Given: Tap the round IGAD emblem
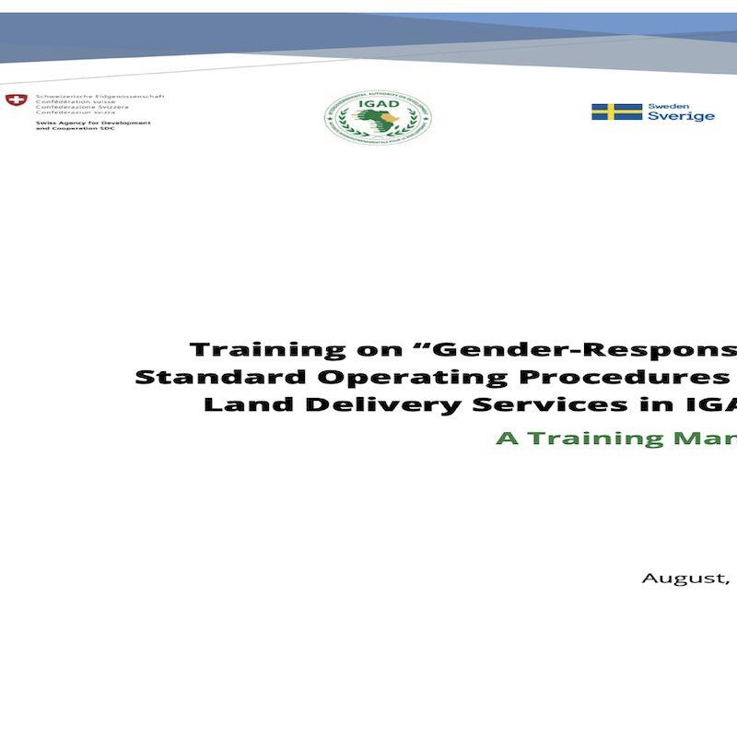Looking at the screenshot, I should (x=379, y=117).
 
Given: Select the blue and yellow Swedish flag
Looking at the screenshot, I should (x=616, y=111).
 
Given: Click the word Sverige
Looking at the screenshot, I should (x=681, y=117).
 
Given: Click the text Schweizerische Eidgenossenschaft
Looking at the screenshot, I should (x=99, y=95).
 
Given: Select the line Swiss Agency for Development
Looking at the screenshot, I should (x=93, y=123).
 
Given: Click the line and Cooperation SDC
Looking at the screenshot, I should (x=75, y=129).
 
